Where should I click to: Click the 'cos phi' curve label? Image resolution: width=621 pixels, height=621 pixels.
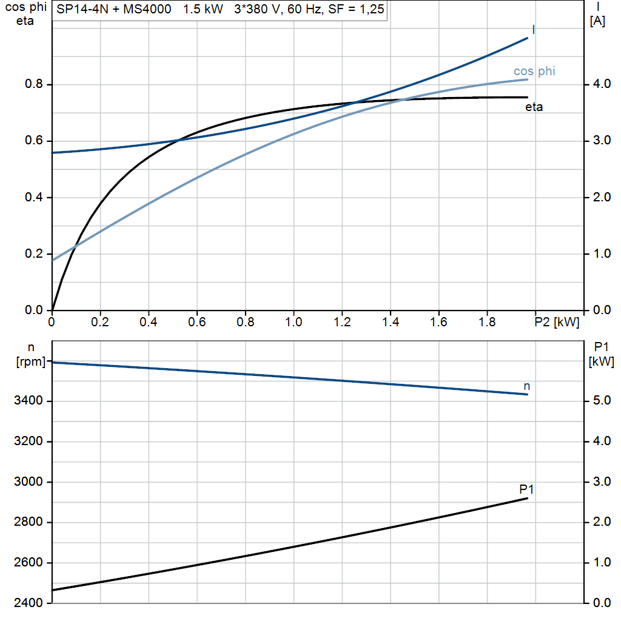point(534,71)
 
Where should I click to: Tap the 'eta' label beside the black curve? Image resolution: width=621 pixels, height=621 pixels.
point(534,107)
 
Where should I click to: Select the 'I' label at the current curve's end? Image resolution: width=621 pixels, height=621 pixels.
point(534,30)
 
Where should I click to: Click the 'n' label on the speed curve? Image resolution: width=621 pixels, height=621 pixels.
point(527,386)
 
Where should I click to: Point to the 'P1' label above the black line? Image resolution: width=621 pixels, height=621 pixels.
point(526,489)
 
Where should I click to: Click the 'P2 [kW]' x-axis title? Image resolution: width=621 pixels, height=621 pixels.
point(557,322)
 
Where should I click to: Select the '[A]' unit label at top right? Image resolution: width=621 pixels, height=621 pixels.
point(597,21)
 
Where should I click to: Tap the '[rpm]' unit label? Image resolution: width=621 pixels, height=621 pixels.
point(31,361)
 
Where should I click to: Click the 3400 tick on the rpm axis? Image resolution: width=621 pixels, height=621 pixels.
point(28,400)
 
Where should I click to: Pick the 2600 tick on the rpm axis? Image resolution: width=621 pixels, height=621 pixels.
point(28,562)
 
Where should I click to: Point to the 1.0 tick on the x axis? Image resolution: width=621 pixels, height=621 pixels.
point(294,322)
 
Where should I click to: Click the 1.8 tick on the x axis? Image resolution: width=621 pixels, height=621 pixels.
point(487,322)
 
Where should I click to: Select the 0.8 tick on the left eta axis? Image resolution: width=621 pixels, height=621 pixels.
point(34,84)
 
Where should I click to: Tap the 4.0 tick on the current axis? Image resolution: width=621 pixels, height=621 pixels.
point(602,84)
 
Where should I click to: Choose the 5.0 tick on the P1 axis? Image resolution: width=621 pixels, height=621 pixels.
point(602,400)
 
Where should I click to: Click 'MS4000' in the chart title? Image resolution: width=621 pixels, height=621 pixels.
point(147,9)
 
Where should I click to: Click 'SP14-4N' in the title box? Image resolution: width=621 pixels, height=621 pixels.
point(82,9)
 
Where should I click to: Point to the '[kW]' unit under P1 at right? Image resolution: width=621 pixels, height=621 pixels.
point(601,361)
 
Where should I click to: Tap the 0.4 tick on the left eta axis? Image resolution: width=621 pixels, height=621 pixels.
point(34,197)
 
